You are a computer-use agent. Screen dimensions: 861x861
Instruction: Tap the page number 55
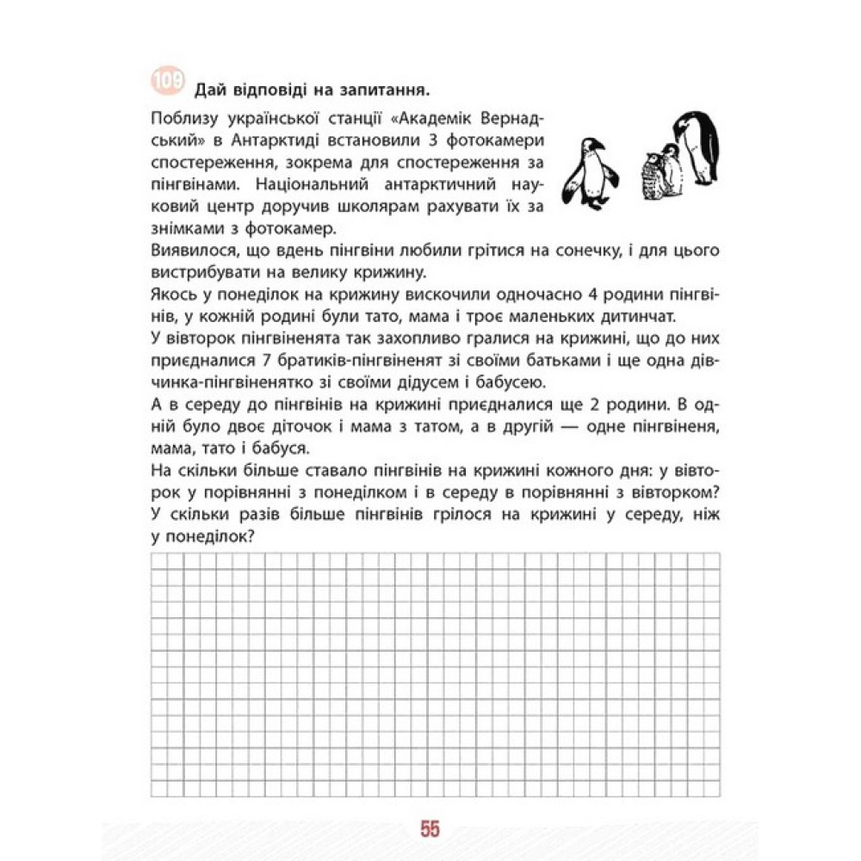point(430,829)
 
